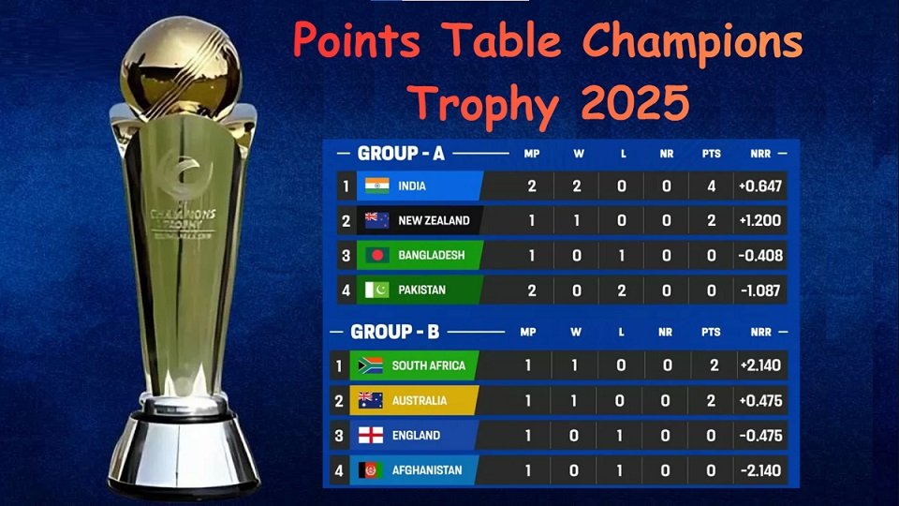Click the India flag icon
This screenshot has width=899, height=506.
click(x=377, y=186)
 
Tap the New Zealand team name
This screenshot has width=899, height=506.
click(x=434, y=221)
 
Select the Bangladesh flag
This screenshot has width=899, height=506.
click(x=377, y=255)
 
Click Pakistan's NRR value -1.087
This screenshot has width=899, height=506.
click(x=759, y=290)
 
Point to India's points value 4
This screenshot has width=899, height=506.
click(x=712, y=186)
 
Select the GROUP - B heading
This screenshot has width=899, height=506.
click(x=394, y=332)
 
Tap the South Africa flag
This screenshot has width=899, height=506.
click(x=370, y=365)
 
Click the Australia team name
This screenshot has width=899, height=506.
click(x=420, y=401)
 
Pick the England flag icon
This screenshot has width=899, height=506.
click(x=370, y=436)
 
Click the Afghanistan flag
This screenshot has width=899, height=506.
click(x=370, y=470)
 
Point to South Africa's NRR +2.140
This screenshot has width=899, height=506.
click(x=759, y=365)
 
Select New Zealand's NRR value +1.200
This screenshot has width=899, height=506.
click(x=759, y=221)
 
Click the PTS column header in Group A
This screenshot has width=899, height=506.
click(x=712, y=153)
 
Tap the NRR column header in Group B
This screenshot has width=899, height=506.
click(x=759, y=332)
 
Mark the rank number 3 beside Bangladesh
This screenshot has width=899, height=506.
click(x=346, y=255)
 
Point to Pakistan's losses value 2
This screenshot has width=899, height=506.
click(x=622, y=290)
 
